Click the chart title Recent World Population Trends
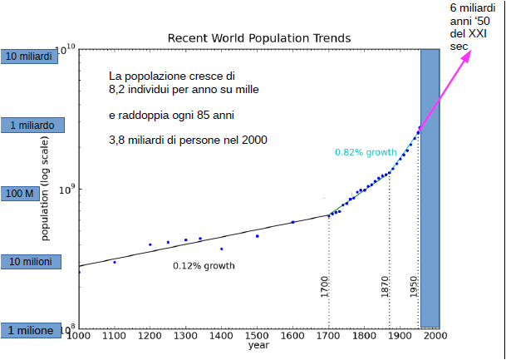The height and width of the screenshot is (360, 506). point(258,38)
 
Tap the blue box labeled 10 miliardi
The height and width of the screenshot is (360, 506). point(29,57)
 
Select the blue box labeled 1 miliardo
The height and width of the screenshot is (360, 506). point(32,125)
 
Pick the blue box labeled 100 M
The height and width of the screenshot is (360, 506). point(20,194)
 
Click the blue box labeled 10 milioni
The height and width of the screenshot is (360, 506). point(31,262)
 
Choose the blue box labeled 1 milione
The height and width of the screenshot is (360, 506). point(31,330)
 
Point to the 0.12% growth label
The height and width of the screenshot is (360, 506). point(204,266)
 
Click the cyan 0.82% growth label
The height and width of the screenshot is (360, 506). point(366,152)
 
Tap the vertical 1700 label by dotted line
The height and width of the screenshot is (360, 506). point(325,287)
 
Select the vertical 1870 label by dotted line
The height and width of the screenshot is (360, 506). point(385,287)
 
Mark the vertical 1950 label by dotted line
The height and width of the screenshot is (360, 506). point(414,287)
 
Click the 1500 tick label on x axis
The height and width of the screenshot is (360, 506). point(257,336)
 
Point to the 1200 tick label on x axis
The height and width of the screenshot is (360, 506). point(150,336)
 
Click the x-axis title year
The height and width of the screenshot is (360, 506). point(258,345)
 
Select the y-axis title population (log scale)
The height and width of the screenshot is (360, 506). point(46,188)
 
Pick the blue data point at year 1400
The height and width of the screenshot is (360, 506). point(221,249)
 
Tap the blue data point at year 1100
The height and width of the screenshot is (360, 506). point(115,262)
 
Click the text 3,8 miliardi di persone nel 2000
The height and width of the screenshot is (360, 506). point(188,141)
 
